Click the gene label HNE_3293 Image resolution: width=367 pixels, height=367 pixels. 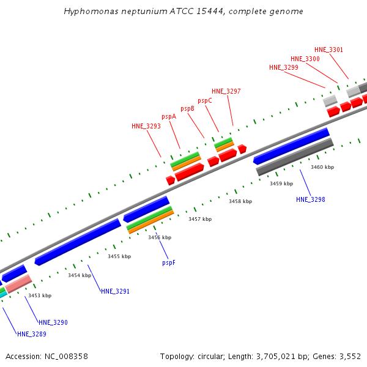tap(146, 127)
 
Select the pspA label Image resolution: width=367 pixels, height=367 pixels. tap(169, 116)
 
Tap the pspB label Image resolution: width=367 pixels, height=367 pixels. tap(188, 108)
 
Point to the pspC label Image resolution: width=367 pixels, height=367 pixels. tap(205, 100)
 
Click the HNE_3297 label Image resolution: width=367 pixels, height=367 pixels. tap(226, 92)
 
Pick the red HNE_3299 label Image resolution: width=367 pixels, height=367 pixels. tap(284, 67)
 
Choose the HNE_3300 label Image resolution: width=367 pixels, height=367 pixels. tap(305, 59)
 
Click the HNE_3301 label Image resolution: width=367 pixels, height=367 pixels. tap(329, 50)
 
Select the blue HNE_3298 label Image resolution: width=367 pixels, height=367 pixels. tap(311, 200)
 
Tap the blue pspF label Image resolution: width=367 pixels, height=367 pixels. tap(169, 262)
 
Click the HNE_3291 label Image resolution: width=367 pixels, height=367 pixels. tap(115, 292)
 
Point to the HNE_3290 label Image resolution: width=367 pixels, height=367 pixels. tap(53, 322)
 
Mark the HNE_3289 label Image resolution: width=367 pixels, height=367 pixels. tap(32, 334)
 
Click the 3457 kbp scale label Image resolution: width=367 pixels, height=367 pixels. tap(200, 219)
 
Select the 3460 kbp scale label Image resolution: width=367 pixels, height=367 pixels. tap(322, 167)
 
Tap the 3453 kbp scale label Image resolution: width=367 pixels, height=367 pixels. tap(40, 295)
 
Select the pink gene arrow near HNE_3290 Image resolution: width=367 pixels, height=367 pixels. tap(18, 283)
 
